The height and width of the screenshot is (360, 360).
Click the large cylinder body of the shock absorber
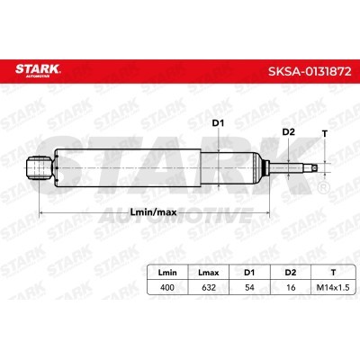tap(135, 167)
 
